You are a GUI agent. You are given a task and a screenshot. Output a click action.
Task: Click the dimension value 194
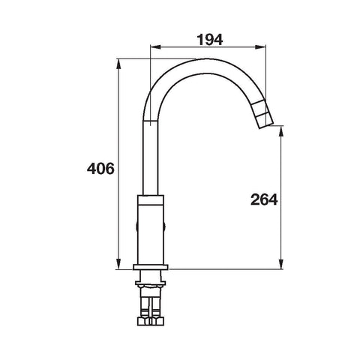point(210,40)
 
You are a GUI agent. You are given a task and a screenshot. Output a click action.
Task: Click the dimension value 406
point(100,169)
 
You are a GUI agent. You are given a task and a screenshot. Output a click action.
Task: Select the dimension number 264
point(264,199)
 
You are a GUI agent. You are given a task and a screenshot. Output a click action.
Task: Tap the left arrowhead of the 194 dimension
point(155,46)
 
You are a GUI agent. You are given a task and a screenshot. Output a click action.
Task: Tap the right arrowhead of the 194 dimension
point(260,46)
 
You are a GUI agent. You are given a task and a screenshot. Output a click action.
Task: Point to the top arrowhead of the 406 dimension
point(118,64)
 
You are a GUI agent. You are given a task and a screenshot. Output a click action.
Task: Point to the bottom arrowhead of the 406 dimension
point(118,265)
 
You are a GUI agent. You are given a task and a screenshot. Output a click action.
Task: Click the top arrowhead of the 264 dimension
point(281,130)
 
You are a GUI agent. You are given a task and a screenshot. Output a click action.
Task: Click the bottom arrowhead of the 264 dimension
point(281,265)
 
